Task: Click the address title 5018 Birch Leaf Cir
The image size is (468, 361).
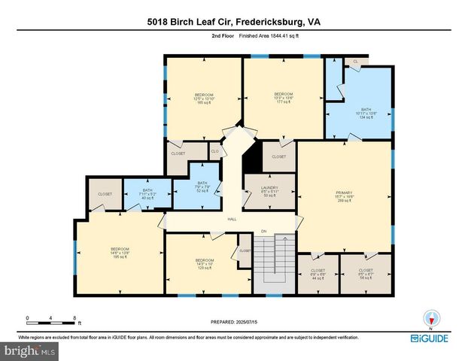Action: click(234, 23)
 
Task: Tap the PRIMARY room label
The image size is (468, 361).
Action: click(344, 196)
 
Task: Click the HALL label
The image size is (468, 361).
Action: click(232, 219)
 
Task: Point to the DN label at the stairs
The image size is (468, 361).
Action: click(263, 230)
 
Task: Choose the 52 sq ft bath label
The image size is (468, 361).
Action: click(201, 187)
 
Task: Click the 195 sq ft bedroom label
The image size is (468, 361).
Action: click(120, 253)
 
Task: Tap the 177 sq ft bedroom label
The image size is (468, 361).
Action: click(282, 98)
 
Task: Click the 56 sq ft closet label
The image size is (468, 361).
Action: click(366, 274)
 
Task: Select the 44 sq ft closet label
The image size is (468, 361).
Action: click(318, 274)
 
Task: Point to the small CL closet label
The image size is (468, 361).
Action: click(356, 62)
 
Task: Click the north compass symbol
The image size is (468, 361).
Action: click(430, 319)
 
